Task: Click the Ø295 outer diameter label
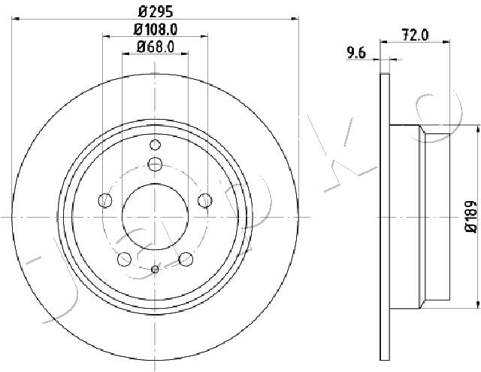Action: click(156, 12)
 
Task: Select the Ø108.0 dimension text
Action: click(156, 29)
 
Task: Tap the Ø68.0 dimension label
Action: click(156, 47)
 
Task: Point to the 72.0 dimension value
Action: click(415, 35)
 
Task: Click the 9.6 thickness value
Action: click(356, 53)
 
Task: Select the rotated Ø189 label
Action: click(471, 217)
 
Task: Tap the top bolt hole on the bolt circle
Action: click(155, 164)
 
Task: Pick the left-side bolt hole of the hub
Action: click(105, 200)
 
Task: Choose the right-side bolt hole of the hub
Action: click(205, 200)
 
